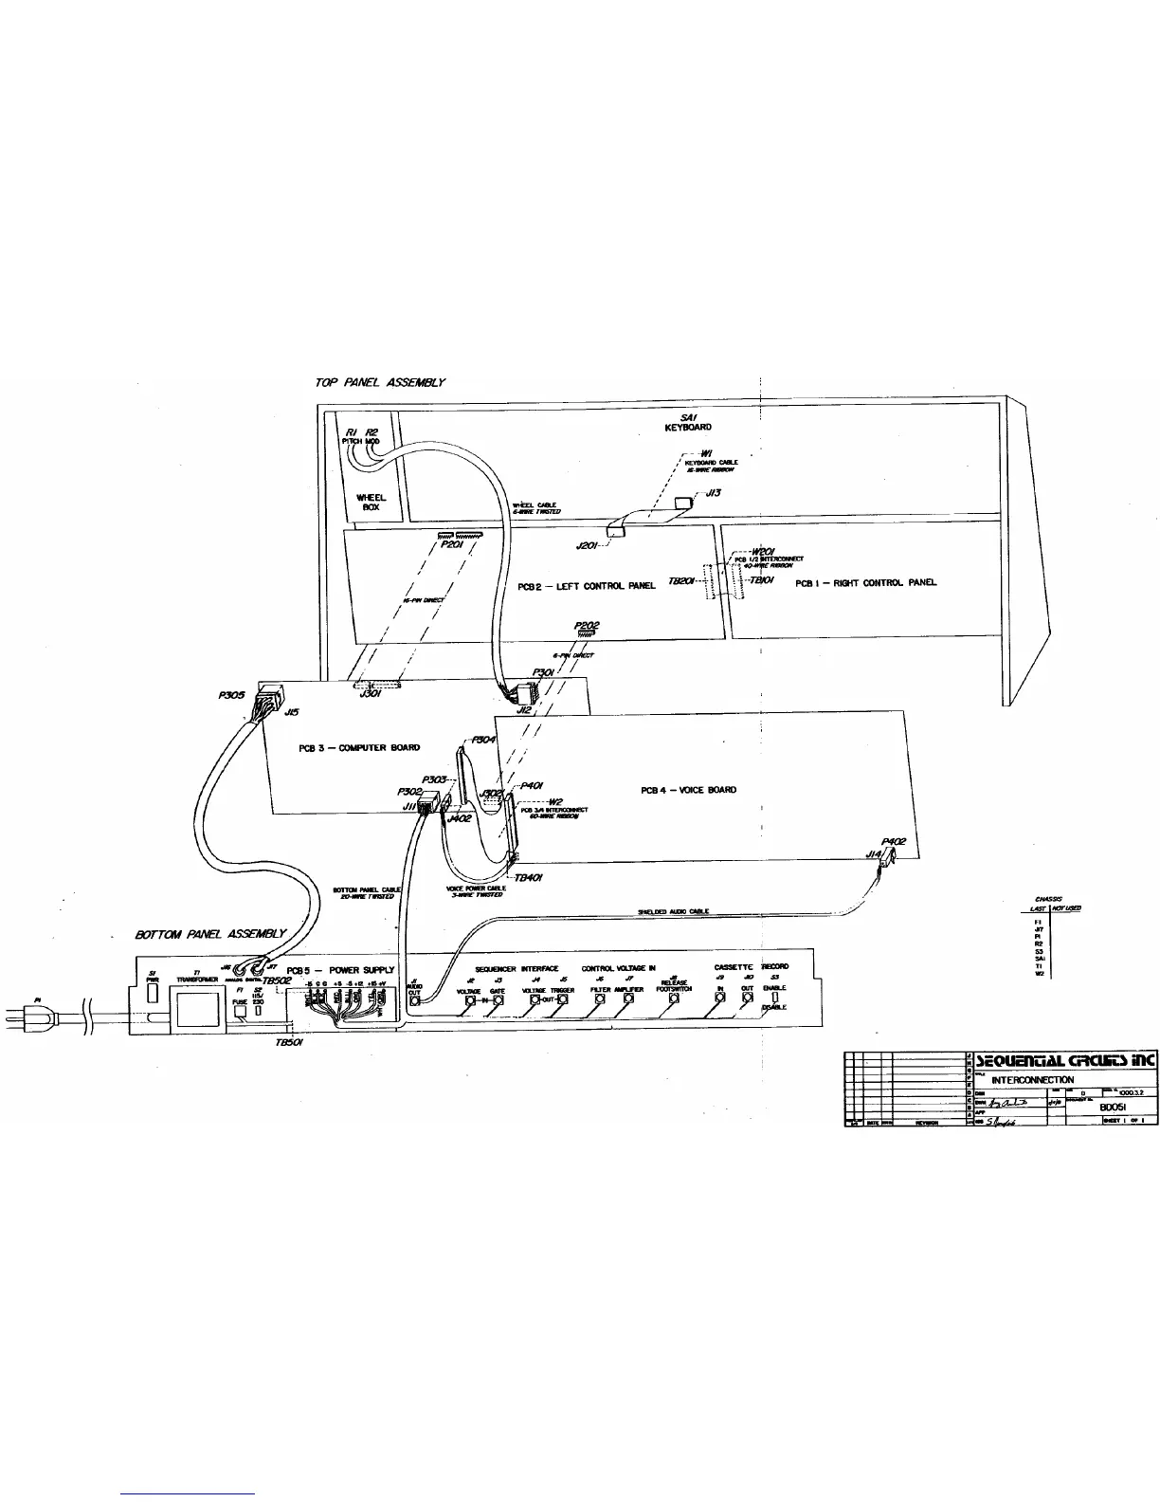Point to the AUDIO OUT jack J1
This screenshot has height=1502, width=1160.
click(414, 999)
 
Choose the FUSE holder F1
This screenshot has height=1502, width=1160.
click(240, 1011)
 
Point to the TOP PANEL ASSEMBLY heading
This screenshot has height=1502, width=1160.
click(379, 382)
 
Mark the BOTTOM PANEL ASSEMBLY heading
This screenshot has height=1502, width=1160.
click(210, 934)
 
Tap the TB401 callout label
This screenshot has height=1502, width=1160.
click(528, 877)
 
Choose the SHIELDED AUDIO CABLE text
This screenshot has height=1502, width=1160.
click(673, 911)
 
